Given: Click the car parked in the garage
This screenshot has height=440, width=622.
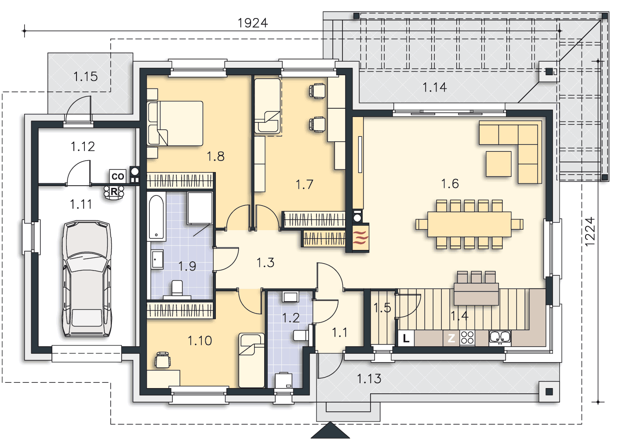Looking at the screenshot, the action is tap(87, 279).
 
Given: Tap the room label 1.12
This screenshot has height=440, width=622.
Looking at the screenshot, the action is tap(83, 147).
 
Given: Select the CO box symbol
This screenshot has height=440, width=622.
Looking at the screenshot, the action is tap(118, 176).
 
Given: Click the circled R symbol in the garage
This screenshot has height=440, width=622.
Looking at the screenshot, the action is tap(114, 192).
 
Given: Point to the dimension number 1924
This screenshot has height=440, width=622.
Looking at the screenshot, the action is tap(253, 23).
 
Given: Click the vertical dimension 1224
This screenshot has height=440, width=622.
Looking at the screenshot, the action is tap(589, 231).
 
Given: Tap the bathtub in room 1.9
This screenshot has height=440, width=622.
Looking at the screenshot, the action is tap(156, 217).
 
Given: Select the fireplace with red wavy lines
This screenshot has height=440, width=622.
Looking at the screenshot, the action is tap(361, 237).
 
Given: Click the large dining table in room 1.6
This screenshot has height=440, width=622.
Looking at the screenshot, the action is tap(469, 224).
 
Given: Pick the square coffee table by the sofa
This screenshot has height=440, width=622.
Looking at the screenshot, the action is tap(499, 164).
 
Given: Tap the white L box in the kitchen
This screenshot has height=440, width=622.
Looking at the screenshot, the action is tap(406, 338).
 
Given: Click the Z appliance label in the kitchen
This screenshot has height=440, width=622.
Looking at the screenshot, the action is tap(451, 338).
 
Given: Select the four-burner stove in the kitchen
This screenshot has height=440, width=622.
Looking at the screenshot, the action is tap(467, 338).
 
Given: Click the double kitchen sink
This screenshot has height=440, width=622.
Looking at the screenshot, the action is tap(500, 337).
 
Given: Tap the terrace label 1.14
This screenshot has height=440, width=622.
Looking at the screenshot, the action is tap(435, 87).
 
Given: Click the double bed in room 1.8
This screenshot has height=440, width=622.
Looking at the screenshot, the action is tap(175, 123).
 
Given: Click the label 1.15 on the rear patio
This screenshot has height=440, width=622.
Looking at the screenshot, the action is tap(86, 77).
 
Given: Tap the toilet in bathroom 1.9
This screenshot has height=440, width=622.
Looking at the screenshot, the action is tap(177, 289).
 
